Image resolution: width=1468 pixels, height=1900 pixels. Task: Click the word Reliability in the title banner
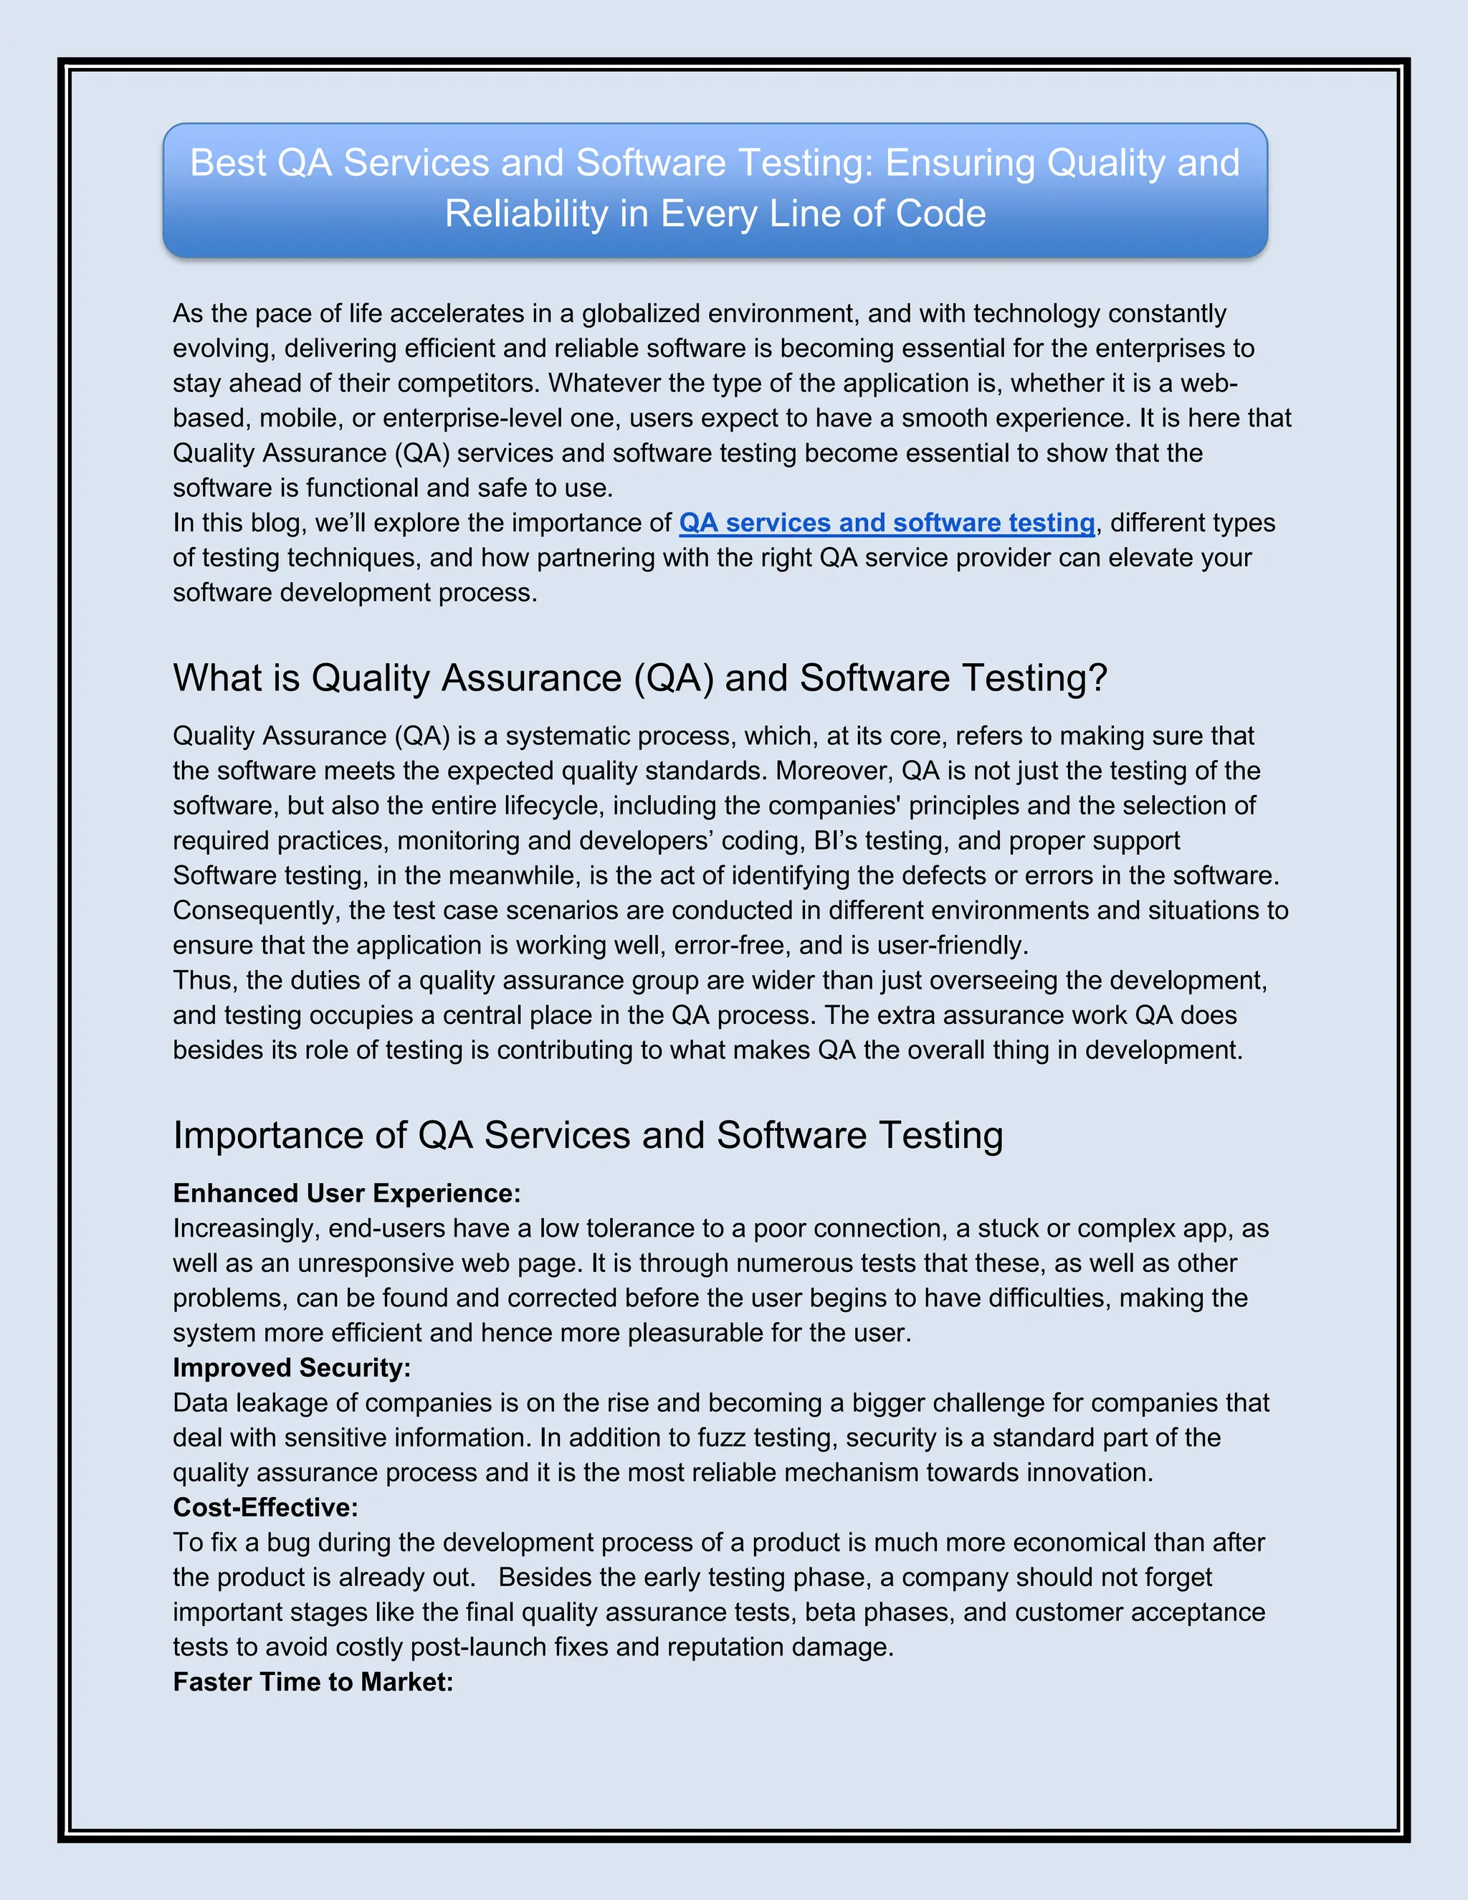[x=525, y=214]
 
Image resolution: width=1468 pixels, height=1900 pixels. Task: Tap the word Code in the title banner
[x=941, y=214]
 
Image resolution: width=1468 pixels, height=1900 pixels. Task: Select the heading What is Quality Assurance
[x=640, y=678]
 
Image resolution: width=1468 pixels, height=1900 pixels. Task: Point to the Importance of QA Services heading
[x=588, y=1135]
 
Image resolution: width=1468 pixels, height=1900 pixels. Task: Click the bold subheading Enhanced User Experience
[x=346, y=1194]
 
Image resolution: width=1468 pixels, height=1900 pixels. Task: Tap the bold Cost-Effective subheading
[x=265, y=1508]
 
